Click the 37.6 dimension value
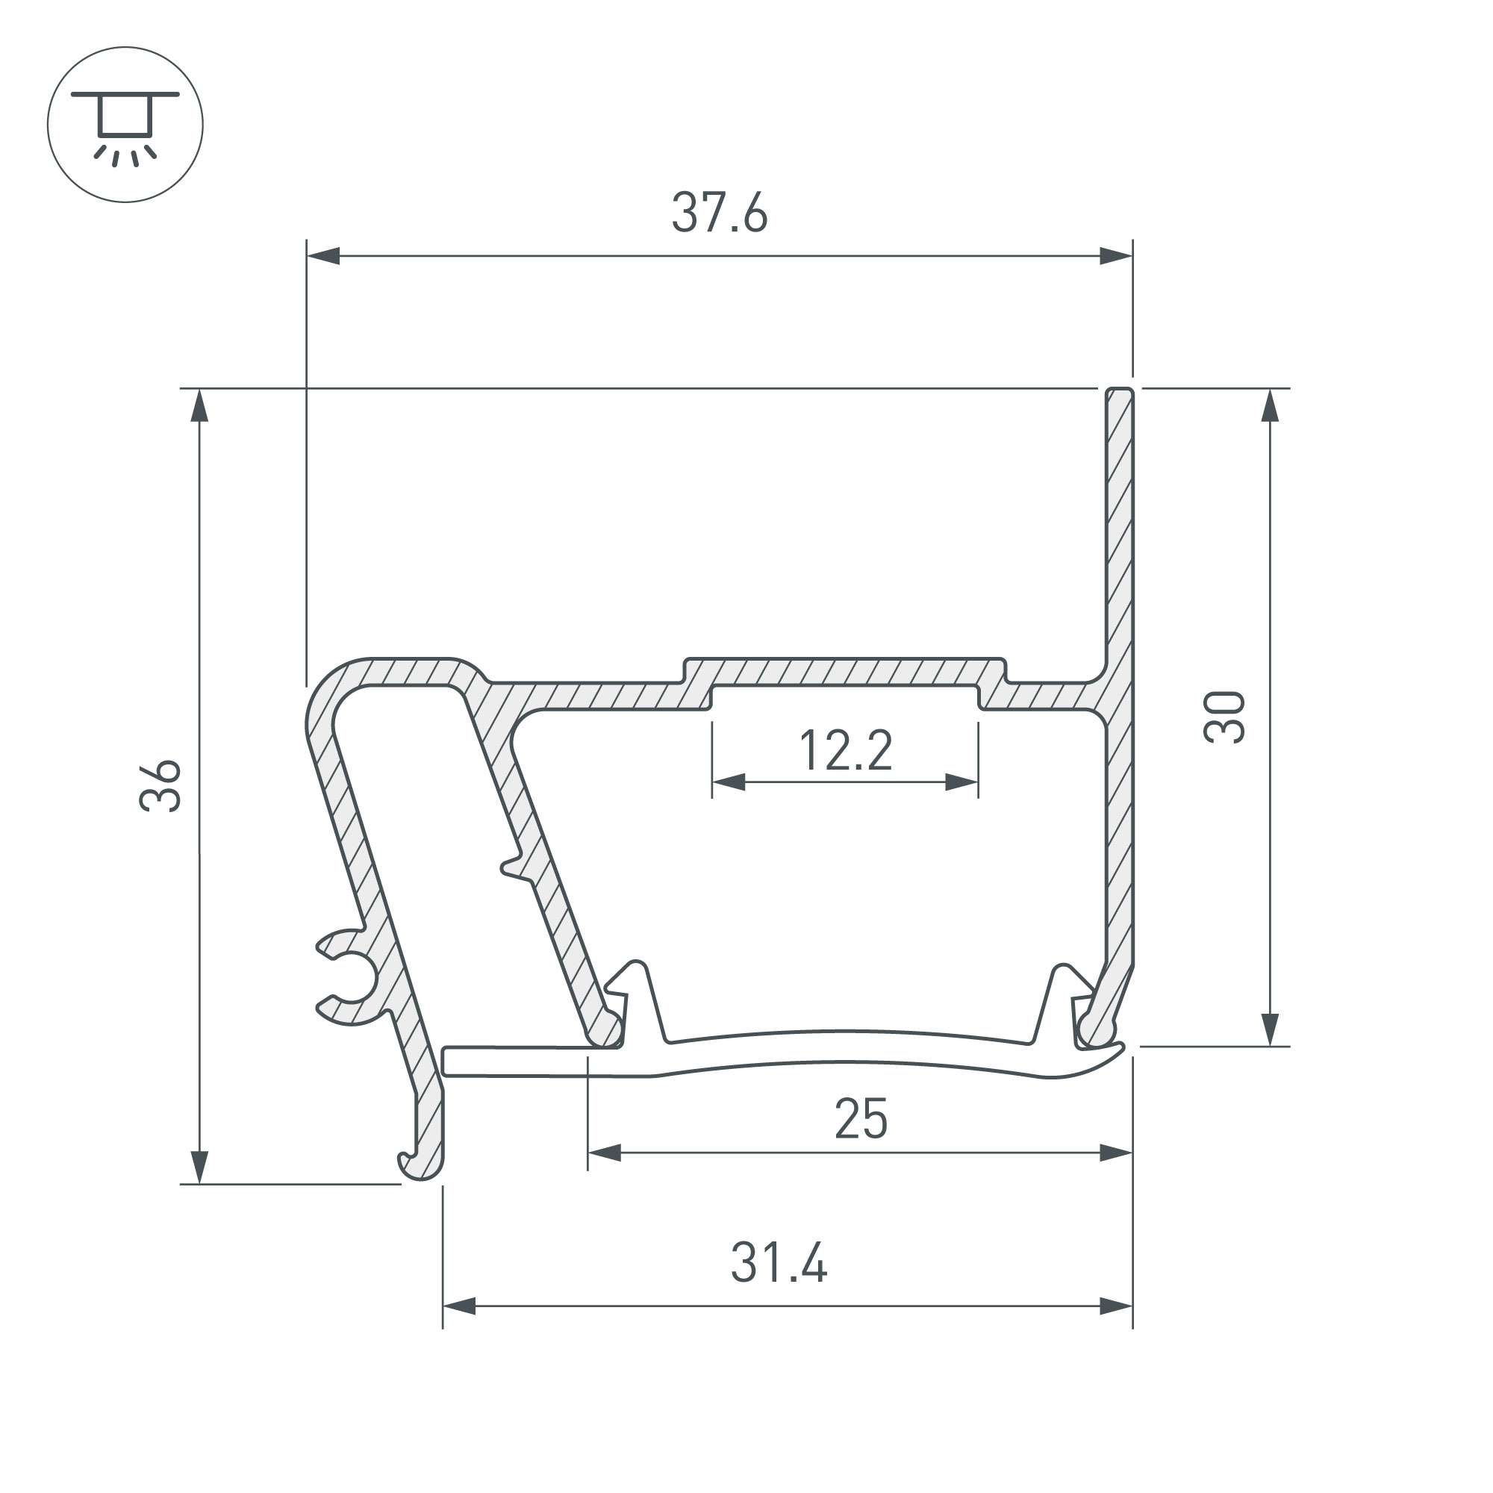(x=720, y=213)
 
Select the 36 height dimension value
(x=160, y=786)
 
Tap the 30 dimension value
(x=1225, y=717)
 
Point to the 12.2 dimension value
(x=846, y=750)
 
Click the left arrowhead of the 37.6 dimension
(x=323, y=256)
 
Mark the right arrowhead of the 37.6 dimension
(x=1116, y=256)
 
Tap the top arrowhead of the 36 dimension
(x=199, y=405)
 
